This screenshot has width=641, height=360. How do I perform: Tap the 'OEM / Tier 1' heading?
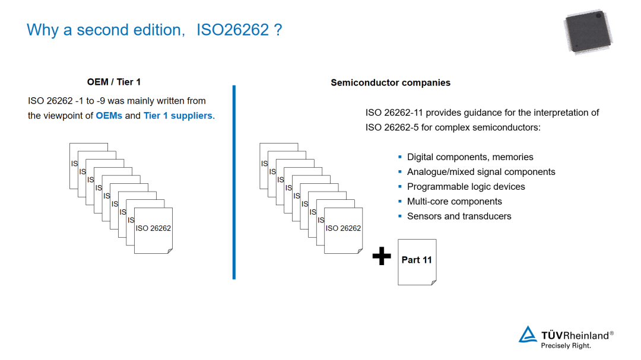[x=114, y=82]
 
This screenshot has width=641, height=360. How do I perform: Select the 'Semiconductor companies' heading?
[x=390, y=82]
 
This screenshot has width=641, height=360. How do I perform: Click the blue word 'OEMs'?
[x=109, y=116]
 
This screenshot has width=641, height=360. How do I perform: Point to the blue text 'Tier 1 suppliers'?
[x=177, y=116]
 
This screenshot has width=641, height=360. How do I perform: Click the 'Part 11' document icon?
[x=417, y=261]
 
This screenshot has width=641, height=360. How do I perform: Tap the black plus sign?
[x=382, y=256]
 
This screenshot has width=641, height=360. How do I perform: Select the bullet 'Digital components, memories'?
[x=469, y=157]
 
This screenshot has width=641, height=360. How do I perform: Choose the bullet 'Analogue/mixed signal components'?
[x=481, y=172]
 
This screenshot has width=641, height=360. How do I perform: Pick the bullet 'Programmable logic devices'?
[x=466, y=187]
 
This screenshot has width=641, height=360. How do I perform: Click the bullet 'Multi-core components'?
[x=454, y=202]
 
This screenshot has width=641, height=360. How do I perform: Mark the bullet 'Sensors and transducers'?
[x=459, y=216]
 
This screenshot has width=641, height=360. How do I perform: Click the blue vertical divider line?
[x=234, y=181]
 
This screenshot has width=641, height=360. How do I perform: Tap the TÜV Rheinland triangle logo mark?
[x=527, y=334]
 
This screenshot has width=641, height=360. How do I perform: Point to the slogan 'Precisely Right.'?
[x=566, y=346]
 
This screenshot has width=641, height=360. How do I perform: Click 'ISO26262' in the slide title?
[x=233, y=30]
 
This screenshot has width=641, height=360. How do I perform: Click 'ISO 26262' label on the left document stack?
[x=153, y=228]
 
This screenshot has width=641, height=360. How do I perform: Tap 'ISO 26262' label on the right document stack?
[x=343, y=228]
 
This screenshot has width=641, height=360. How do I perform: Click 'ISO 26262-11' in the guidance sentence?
[x=394, y=113]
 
